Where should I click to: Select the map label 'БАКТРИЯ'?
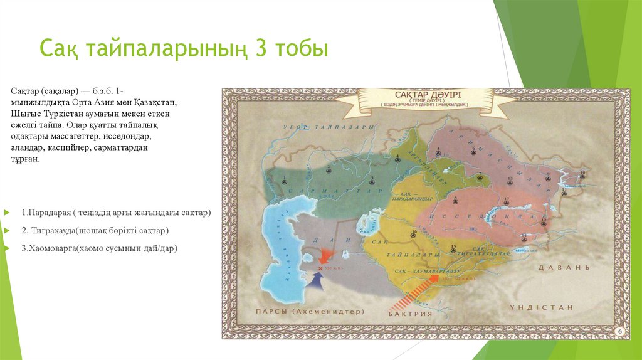(x=411, y=313)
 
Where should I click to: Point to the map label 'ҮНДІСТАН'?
(x=541, y=307)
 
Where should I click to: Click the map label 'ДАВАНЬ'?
(x=564, y=267)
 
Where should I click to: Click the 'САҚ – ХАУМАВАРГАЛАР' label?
(x=424, y=270)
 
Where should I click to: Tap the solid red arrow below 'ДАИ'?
(x=326, y=255)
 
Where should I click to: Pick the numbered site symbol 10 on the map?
(x=582, y=176)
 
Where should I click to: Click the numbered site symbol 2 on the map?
(x=285, y=181)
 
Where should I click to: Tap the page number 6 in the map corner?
(x=619, y=331)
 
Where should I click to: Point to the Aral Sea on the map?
(x=365, y=222)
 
